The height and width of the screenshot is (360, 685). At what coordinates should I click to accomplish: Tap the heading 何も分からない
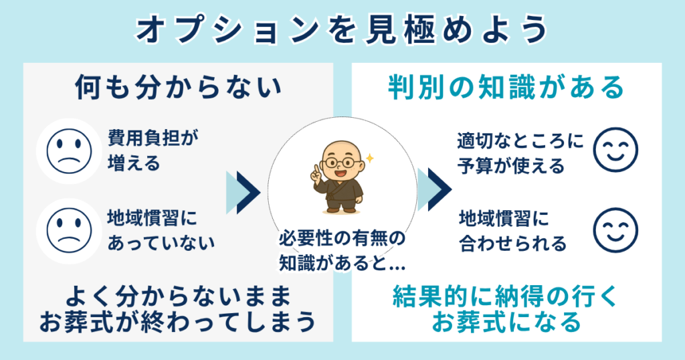tap(177, 88)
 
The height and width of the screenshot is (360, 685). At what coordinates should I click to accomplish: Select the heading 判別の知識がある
tap(506, 88)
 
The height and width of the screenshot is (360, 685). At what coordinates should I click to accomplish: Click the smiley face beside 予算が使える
tap(615, 151)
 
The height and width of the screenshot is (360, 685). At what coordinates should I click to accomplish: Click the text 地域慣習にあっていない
tap(161, 230)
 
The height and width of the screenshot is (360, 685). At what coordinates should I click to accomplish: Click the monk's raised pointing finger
tap(317, 168)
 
